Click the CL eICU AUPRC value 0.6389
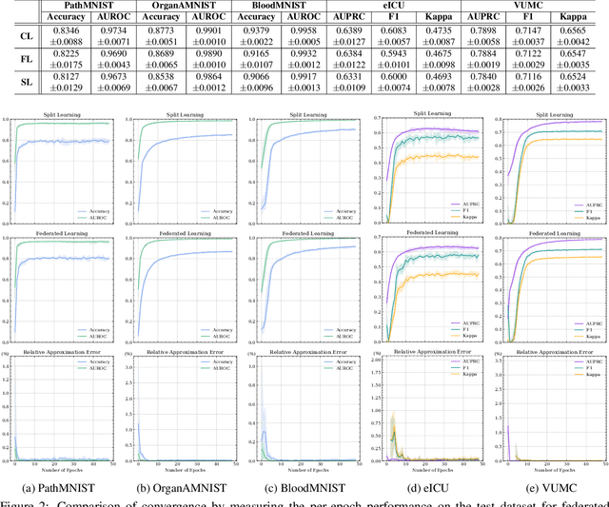click(x=349, y=32)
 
